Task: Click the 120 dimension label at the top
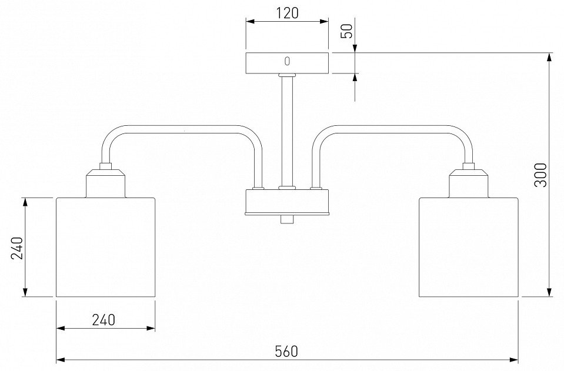coord(288,13)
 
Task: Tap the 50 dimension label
coord(348,32)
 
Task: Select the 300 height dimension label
coord(540,175)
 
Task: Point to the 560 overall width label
coord(286,351)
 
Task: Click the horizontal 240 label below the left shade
coord(104,320)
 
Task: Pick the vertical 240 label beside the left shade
coord(17,248)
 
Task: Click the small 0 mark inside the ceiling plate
coord(287,62)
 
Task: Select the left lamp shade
coord(106,247)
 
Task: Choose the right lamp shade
coord(469,247)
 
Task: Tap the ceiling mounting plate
coord(287,63)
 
